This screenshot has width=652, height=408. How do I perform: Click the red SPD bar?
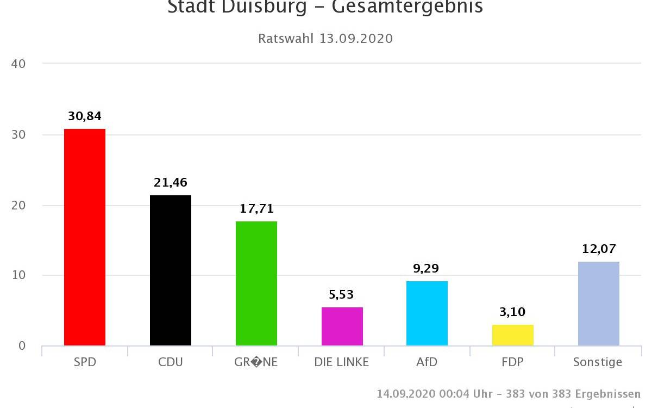tap(85, 237)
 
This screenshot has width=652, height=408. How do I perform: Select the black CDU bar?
tap(171, 270)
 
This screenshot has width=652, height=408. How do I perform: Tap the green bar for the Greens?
tap(256, 283)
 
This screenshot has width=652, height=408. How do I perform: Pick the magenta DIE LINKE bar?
tap(342, 326)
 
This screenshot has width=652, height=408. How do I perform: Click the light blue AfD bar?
tap(427, 313)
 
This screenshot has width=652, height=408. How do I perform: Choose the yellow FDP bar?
tap(513, 335)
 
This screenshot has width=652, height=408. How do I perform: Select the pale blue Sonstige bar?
tap(599, 304)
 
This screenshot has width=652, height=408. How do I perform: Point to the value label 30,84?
tap(85, 116)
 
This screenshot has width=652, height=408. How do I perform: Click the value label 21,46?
tap(171, 182)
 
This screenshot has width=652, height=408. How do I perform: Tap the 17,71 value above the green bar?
tap(256, 208)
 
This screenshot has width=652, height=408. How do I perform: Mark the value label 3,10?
tap(513, 312)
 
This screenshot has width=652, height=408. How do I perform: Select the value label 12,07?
tap(599, 249)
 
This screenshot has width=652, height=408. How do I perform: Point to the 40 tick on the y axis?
tap(18, 64)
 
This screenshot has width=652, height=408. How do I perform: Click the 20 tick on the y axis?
tap(18, 205)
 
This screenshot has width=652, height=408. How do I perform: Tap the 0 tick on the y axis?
tap(22, 345)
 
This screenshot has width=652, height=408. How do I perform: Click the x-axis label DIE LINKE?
tap(342, 362)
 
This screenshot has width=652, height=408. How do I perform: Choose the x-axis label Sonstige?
tap(598, 362)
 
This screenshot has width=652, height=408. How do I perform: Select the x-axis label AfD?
tap(427, 362)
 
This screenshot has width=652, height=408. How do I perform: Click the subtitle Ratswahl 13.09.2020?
tap(325, 39)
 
